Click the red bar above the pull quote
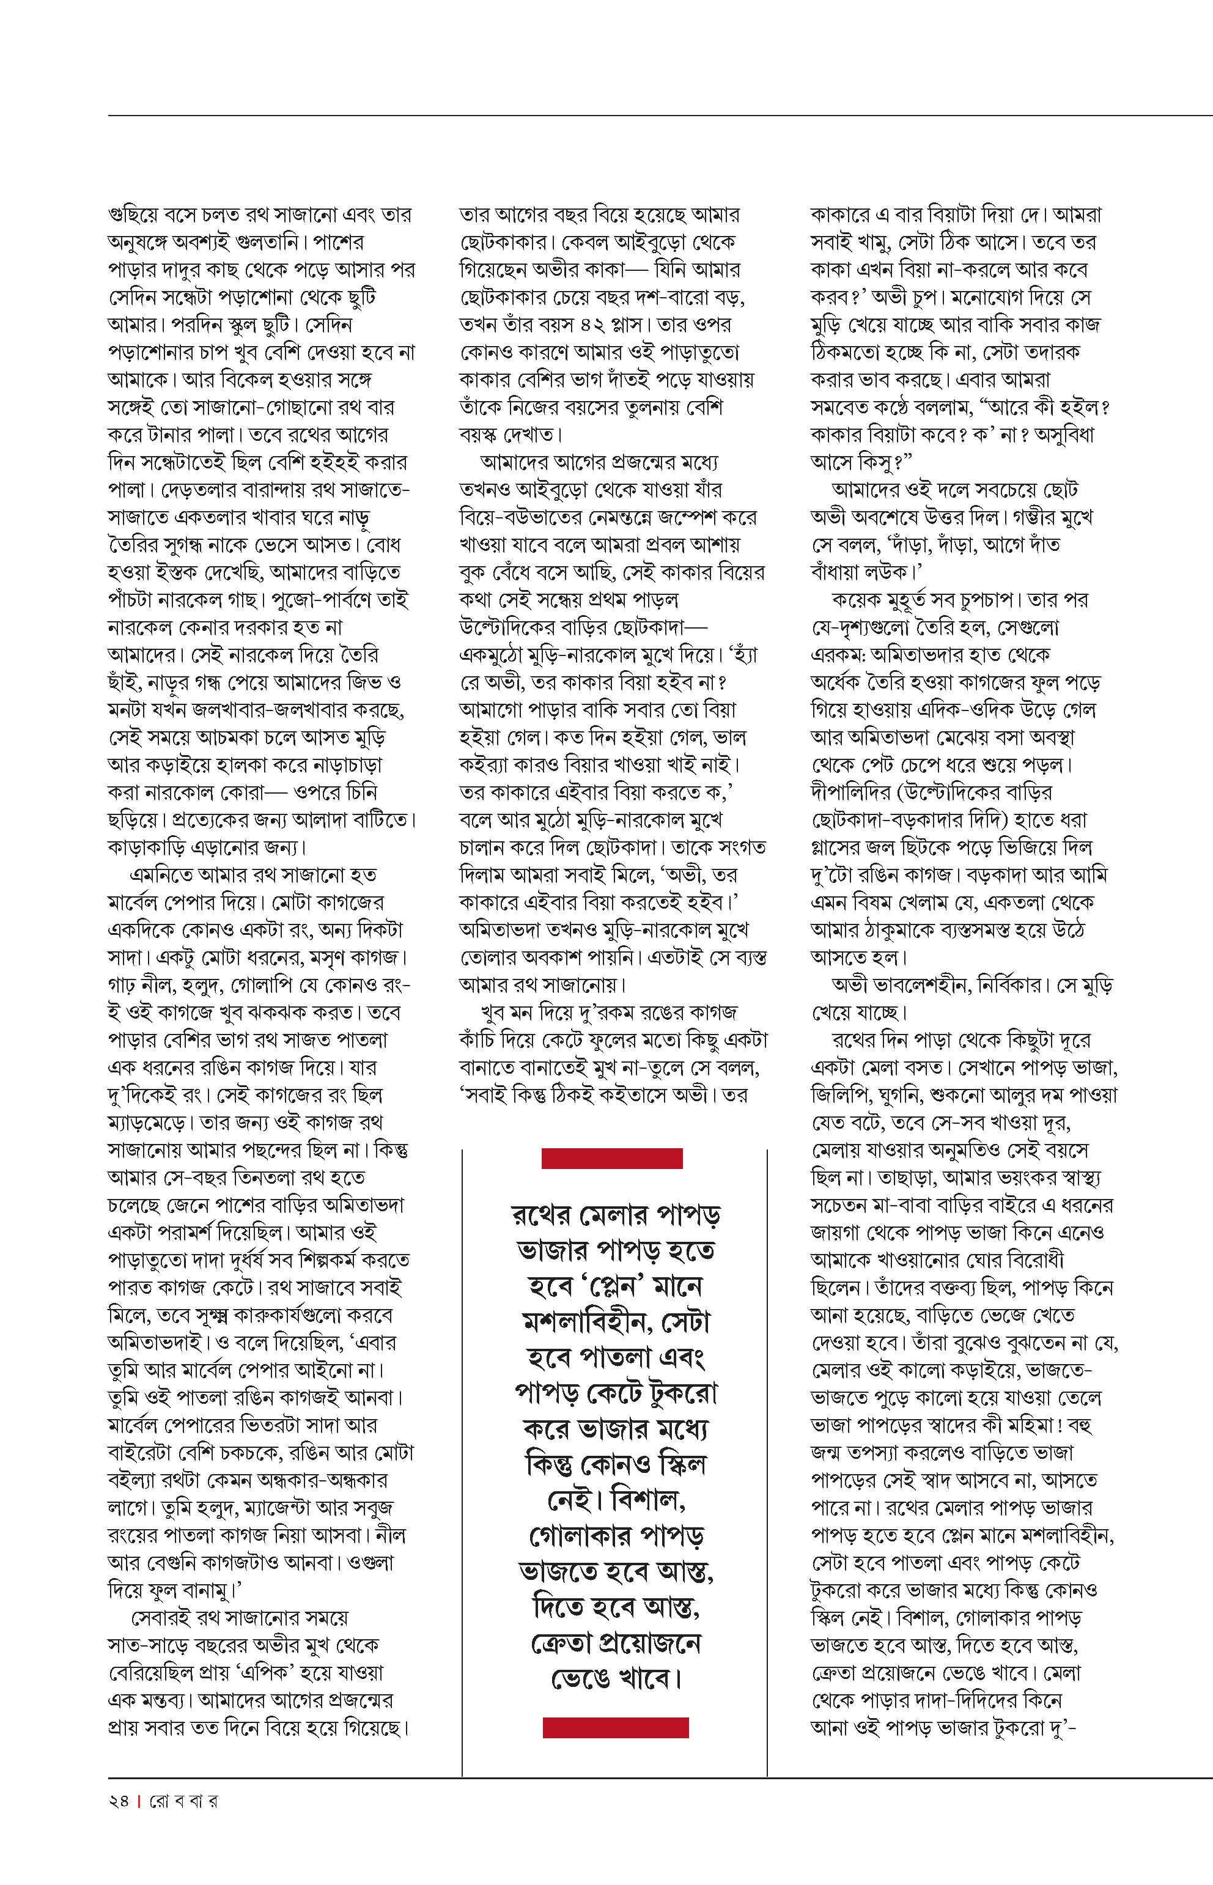coord(612,1158)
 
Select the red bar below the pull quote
coord(615,1727)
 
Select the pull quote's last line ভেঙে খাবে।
coord(615,1678)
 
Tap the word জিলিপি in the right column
coord(841,1095)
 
